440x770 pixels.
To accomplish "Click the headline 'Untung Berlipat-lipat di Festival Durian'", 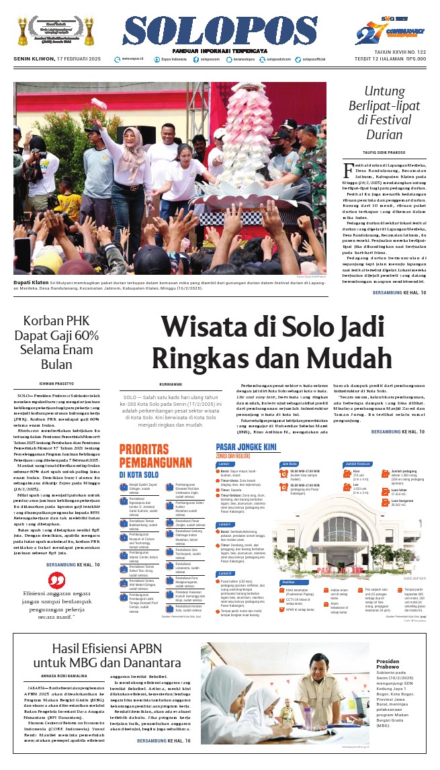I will pyautogui.click(x=384, y=112).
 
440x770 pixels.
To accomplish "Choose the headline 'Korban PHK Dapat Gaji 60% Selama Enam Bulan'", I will pyautogui.click(x=56, y=343).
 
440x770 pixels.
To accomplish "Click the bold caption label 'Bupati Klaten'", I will pyautogui.click(x=28, y=282).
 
